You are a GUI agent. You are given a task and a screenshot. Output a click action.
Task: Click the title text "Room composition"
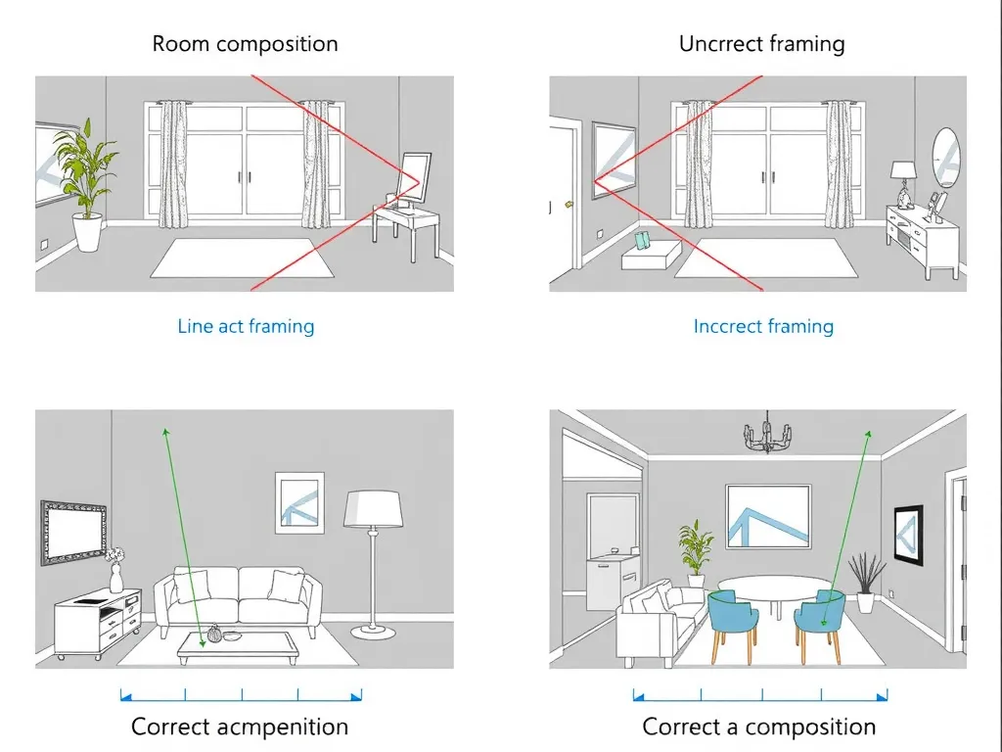coord(245,44)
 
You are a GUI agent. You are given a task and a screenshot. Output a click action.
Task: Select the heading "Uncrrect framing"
coord(761,44)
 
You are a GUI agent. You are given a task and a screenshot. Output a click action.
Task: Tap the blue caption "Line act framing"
coord(246,326)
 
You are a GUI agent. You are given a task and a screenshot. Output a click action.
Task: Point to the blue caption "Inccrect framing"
coord(763,326)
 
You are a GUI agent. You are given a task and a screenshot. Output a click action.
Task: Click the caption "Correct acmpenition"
coord(240,727)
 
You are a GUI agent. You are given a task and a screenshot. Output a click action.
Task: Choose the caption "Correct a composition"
coord(758,727)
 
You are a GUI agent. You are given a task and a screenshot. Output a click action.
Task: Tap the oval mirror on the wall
coord(945,157)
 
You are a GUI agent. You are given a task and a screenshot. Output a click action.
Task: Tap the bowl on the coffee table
coord(231,635)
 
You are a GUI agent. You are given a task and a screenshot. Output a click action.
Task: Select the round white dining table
coord(773,587)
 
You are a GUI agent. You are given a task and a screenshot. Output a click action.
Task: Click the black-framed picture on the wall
coord(908,537)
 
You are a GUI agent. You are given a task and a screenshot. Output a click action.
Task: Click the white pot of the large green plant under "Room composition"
coord(88,234)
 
